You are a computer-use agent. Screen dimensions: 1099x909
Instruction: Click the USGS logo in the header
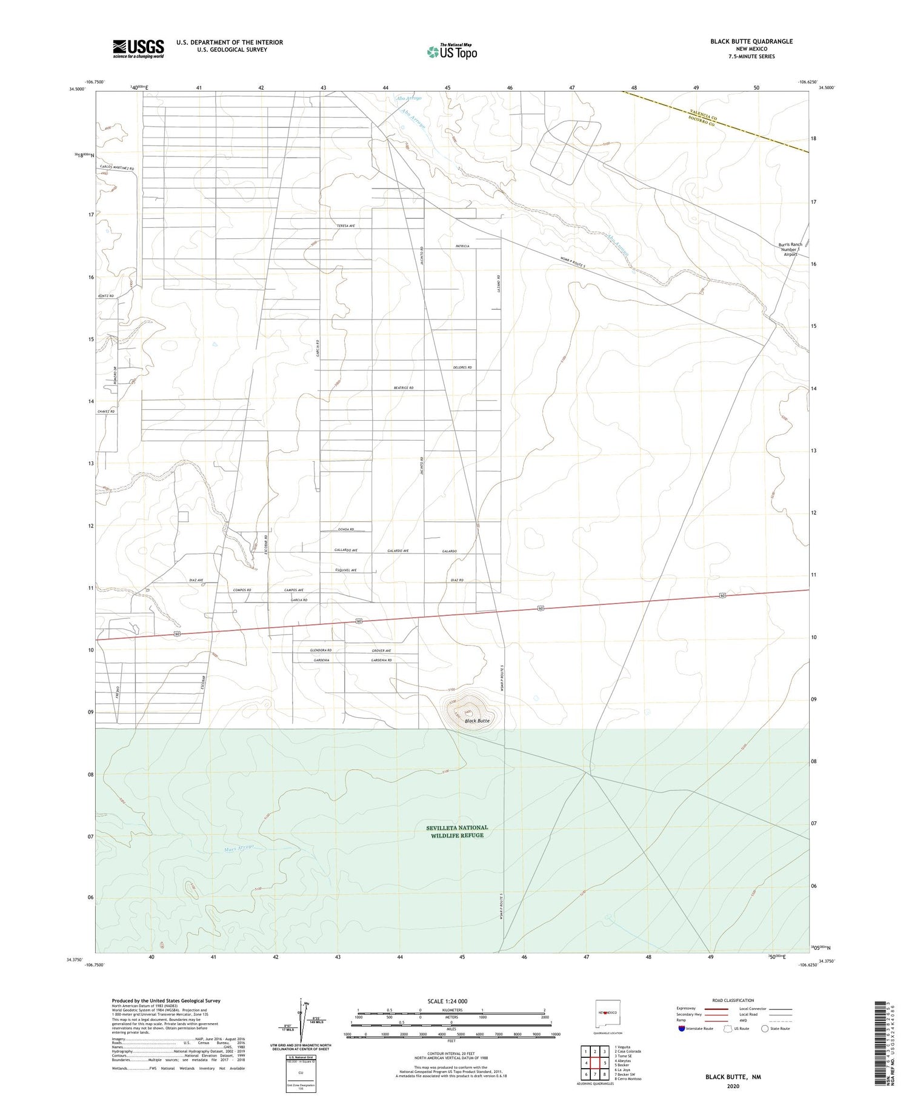(138, 48)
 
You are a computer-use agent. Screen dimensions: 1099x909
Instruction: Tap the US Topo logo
(452, 52)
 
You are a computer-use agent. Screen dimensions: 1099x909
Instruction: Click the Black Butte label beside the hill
(477, 721)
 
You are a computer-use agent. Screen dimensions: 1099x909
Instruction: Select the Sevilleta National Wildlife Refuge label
(457, 831)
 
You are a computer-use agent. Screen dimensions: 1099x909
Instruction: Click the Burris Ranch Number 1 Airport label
(790, 249)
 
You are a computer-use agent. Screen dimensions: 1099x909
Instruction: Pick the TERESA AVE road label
(345, 225)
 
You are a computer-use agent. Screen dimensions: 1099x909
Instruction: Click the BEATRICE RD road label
(403, 387)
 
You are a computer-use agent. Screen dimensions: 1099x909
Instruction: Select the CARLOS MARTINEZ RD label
(117, 168)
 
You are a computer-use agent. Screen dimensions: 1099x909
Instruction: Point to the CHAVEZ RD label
(105, 412)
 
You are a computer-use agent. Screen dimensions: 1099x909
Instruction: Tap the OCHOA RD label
(345, 530)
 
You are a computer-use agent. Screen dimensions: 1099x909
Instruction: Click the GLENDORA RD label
(321, 650)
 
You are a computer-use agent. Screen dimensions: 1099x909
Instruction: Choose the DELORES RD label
(462, 367)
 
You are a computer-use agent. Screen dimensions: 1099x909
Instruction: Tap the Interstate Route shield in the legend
(682, 1029)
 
